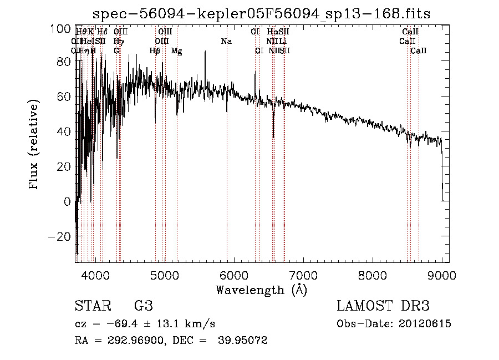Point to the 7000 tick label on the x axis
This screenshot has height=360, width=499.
tap(303, 275)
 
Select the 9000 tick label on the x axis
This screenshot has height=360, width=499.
tap(442, 275)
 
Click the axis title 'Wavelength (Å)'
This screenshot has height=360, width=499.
tap(261, 290)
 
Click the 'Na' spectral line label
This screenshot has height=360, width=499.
tap(226, 42)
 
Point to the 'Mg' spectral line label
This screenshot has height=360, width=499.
tap(176, 51)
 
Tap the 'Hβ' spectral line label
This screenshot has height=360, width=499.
tap(155, 51)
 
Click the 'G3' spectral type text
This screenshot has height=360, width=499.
tap(144, 306)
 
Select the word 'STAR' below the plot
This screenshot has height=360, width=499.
tap(92, 306)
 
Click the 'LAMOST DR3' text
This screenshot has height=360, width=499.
tap(383, 306)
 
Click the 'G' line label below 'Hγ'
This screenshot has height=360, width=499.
tap(116, 51)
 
